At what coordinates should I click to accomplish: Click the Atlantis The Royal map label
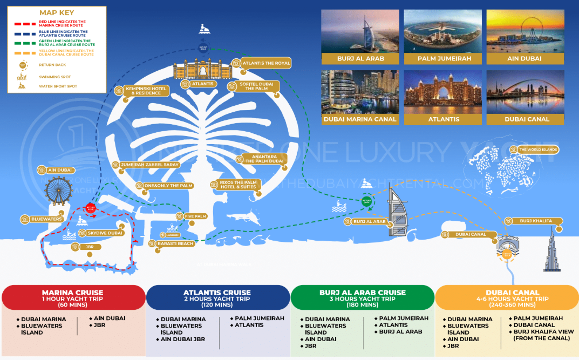coord(265,63)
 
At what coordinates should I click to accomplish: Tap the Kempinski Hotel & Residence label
coord(143,91)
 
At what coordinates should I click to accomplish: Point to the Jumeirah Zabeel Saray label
coord(149,165)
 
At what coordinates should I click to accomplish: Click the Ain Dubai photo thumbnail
coord(525,31)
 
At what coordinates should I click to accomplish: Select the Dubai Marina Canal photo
coord(360,92)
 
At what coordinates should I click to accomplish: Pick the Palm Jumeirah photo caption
coord(444,58)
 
